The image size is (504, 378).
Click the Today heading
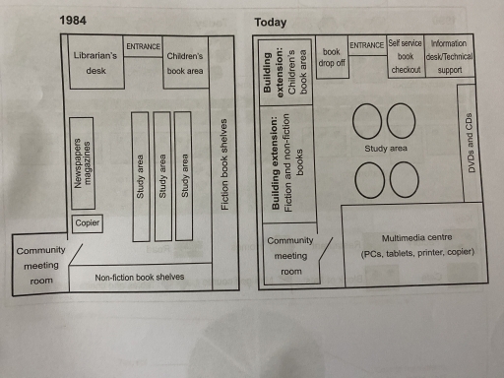271,22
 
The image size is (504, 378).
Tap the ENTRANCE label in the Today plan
366,45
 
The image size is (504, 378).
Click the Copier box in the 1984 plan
87,223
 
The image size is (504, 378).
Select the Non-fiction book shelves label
140,277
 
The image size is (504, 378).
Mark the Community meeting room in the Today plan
291,256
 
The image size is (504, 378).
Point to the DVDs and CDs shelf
472,143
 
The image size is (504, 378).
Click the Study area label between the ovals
386,150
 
